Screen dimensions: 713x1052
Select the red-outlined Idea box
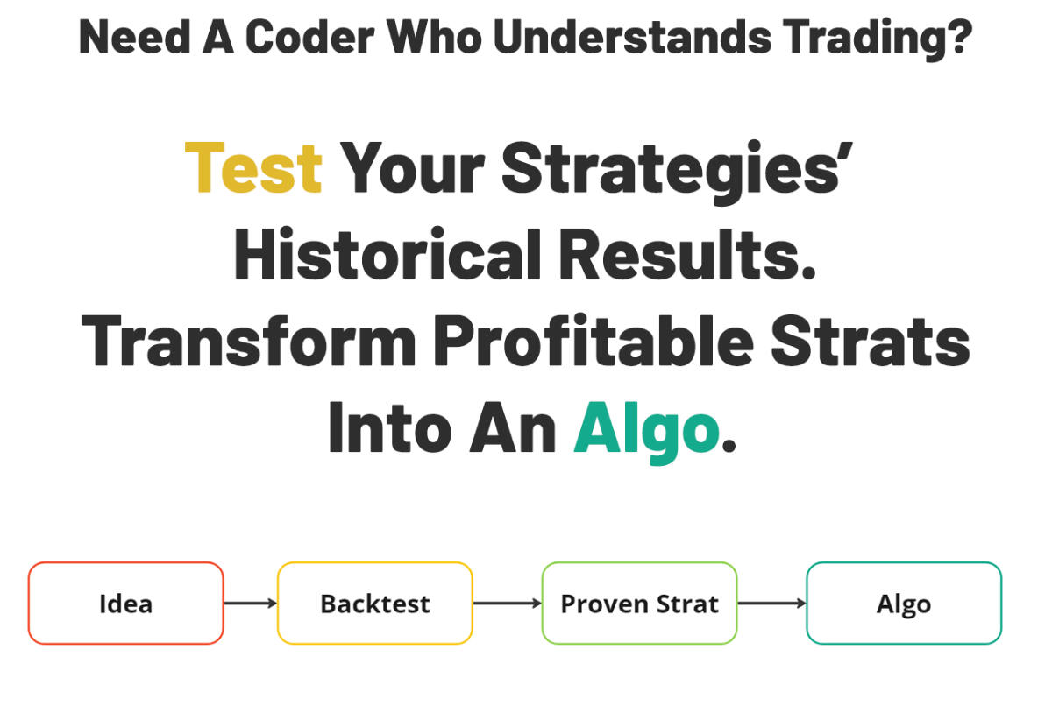[125, 604]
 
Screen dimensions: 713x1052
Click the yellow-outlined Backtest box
[375, 604]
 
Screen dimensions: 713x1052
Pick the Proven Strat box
[639, 604]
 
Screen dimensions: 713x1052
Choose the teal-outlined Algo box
[903, 604]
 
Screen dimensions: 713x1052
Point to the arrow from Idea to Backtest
[251, 604]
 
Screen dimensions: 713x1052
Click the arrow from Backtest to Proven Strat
[507, 604]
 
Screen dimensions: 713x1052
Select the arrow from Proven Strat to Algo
[771, 604]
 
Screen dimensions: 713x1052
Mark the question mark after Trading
[961, 37]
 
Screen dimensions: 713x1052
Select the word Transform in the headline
[249, 342]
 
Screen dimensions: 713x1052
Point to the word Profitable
[593, 342]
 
